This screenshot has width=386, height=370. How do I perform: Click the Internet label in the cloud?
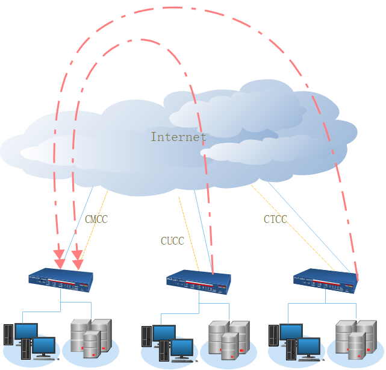178,137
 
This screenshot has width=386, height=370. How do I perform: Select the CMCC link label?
96,219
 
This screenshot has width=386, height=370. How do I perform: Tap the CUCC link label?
172,241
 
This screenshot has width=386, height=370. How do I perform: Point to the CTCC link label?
275,219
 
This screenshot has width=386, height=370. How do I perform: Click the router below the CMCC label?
61,278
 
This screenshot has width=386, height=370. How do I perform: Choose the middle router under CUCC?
198,281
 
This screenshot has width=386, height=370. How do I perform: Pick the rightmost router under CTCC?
325,280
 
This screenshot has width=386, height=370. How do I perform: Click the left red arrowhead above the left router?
59,263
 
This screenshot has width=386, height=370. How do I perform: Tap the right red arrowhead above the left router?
78,263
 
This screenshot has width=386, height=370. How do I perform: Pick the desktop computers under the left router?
30,341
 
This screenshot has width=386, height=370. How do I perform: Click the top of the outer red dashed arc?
181,8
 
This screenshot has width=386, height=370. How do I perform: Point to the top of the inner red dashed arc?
142,40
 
